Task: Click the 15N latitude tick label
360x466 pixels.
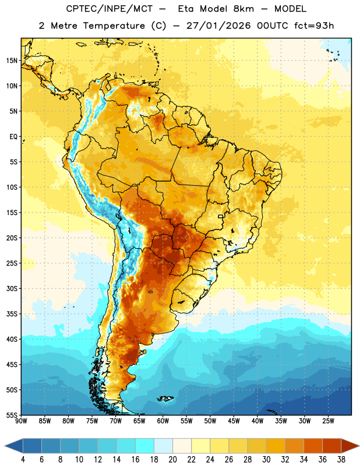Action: [12, 61]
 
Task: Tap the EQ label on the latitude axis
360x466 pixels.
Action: [13, 137]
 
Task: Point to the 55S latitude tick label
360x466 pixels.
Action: [12, 415]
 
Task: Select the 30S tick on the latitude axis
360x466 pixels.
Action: [12, 288]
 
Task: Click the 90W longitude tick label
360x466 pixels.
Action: [21, 421]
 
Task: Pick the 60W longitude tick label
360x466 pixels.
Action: [163, 421]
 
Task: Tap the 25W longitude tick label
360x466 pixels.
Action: [328, 421]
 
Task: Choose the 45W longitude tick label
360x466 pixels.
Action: [234, 421]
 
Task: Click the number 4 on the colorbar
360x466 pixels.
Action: [23, 460]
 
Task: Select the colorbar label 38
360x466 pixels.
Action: [341, 460]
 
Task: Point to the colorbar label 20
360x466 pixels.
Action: [172, 460]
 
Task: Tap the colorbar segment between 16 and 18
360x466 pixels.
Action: [145, 446]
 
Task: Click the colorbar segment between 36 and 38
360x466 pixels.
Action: [332, 446]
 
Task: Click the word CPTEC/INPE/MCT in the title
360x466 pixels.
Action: [110, 9]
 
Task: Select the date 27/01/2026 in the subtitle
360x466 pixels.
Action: [218, 26]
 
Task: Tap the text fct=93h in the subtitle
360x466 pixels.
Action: [314, 26]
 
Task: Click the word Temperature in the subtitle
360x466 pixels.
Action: [114, 26]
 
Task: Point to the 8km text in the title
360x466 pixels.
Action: [243, 9]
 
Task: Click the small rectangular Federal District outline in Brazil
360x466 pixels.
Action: [221, 216]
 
